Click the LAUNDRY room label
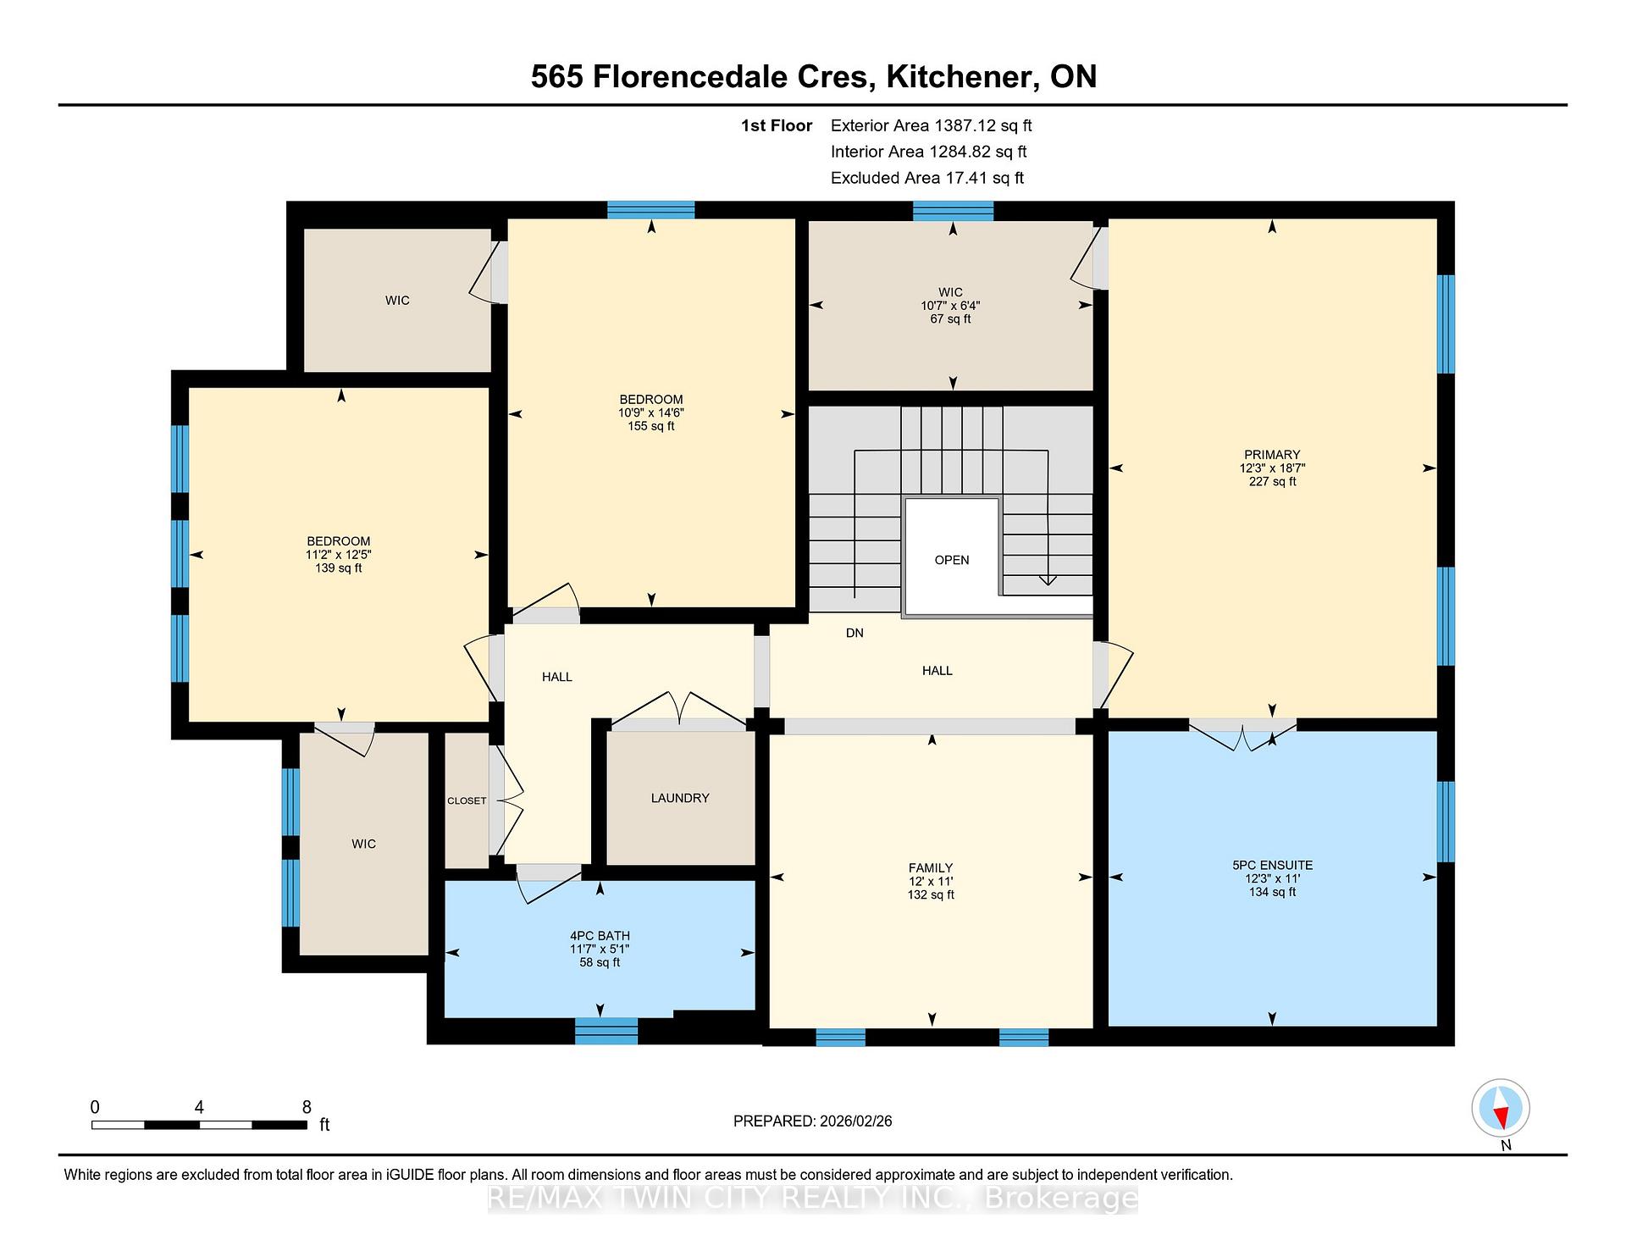pos(680,798)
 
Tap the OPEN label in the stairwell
pos(952,560)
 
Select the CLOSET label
pos(467,800)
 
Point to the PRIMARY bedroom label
pos(1272,455)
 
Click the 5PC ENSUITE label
pos(1272,865)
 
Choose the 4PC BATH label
pos(600,936)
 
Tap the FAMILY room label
pos(931,867)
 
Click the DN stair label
pos(854,633)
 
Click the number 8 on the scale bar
pos(307,1107)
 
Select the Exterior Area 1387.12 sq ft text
pos(931,125)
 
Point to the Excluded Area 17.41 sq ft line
pos(927,178)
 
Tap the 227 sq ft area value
pos(1272,482)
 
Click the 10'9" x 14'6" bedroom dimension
pos(650,413)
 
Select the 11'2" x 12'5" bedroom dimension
pos(339,555)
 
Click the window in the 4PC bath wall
pos(606,1031)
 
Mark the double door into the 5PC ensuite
pos(1242,734)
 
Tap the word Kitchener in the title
pos(960,76)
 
